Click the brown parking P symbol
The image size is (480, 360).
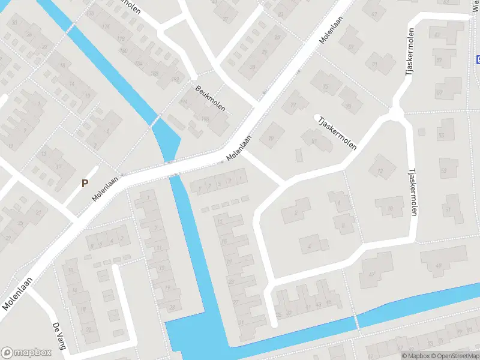pos(85,183)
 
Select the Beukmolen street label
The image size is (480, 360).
pos(210,98)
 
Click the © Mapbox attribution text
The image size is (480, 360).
pos(415,356)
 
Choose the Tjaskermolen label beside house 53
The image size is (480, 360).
pos(412,191)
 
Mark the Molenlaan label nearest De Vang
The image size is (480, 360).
pos(16,297)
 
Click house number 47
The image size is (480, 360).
pos(372,274)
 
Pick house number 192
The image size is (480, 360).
pos(175,80)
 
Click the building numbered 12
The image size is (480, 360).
pos(379,172)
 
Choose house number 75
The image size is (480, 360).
pos(326,87)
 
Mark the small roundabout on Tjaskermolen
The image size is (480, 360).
pos(395,113)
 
